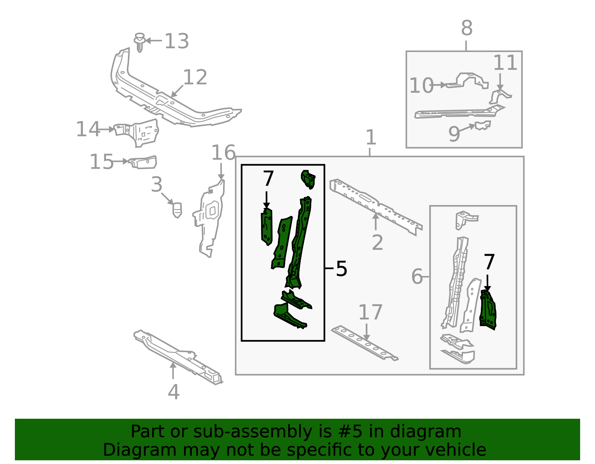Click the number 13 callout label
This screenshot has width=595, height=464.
(177, 41)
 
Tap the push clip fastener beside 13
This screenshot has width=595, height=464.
(139, 42)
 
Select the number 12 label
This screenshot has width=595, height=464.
(195, 77)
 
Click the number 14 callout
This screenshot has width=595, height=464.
(88, 129)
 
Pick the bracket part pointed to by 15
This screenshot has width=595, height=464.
(143, 162)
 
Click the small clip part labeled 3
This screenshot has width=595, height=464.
(177, 210)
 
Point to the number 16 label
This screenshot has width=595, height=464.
(223, 153)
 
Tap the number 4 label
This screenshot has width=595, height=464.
(174, 392)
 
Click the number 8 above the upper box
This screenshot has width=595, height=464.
(467, 28)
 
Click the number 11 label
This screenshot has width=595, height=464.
(505, 63)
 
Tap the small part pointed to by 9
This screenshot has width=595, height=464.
(483, 125)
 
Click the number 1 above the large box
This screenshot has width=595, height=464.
(371, 137)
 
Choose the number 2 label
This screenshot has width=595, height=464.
(377, 243)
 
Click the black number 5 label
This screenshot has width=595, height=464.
(341, 268)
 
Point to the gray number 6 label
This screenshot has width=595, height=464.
(417, 276)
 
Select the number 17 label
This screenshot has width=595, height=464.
(370, 312)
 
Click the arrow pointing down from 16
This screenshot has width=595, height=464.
(221, 171)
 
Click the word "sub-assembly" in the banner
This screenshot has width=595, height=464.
(253, 431)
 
